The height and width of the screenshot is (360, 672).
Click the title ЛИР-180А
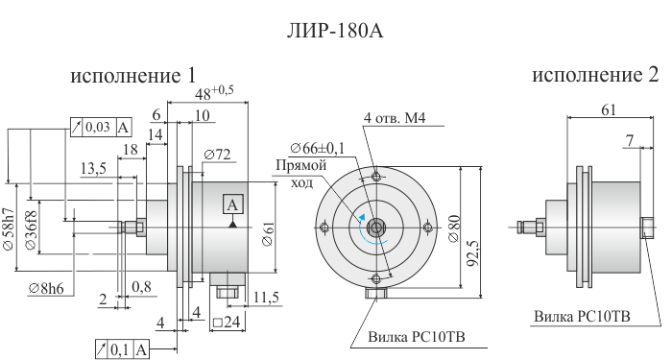pyautogui.click(x=335, y=31)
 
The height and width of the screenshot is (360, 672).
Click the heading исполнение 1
pyautogui.click(x=132, y=76)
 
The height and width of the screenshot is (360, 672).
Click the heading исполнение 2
pyautogui.click(x=595, y=75)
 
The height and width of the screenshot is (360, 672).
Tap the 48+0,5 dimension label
pyautogui.click(x=214, y=93)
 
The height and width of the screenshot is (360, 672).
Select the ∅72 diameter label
pyautogui.click(x=217, y=155)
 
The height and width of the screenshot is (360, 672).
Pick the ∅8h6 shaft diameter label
pyautogui.click(x=46, y=289)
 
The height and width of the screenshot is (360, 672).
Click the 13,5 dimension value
pyautogui.click(x=93, y=168)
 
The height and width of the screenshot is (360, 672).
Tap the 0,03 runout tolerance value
pyautogui.click(x=98, y=127)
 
